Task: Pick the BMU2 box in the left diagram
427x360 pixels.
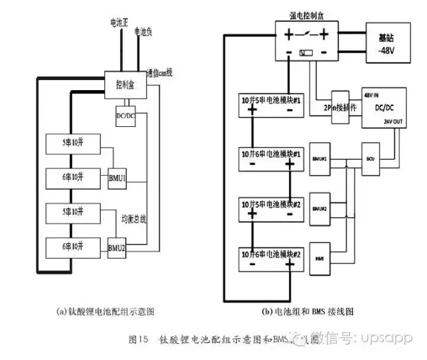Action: pyautogui.click(x=117, y=247)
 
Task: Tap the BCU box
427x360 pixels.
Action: pyautogui.click(x=371, y=160)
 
